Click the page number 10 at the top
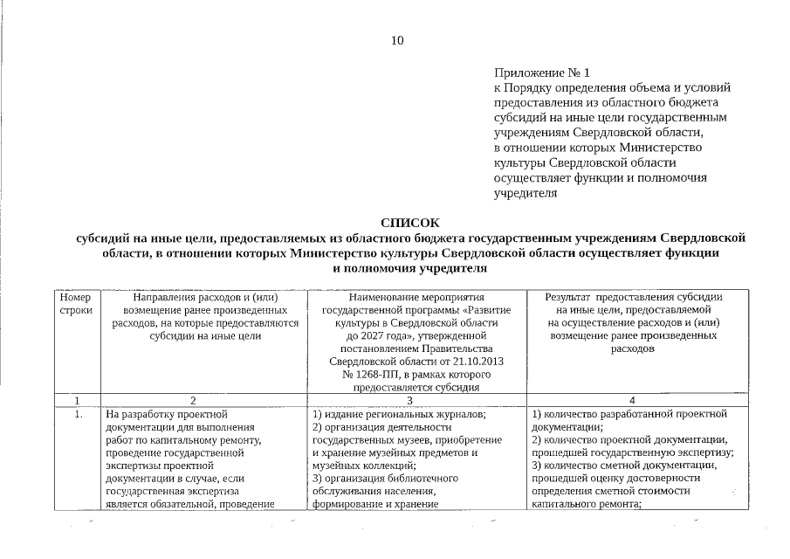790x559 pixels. point(396,40)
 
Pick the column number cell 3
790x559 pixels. point(409,400)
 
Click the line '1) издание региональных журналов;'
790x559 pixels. point(399,414)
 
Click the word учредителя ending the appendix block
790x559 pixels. point(526,192)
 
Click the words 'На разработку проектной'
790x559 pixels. point(167,414)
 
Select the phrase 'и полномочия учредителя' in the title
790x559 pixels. point(409,269)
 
